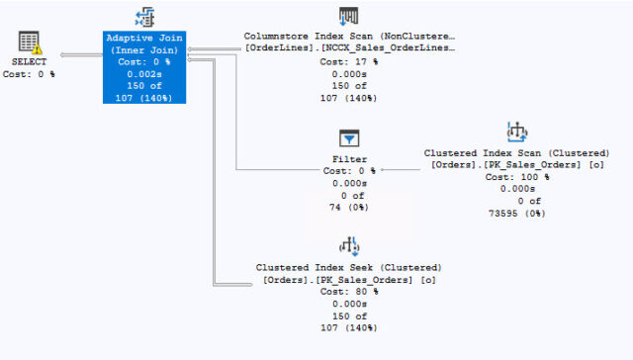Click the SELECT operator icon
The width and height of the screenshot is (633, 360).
pos(30,44)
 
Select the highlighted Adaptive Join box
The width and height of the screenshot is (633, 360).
pos(144,66)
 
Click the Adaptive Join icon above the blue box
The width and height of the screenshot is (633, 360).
pos(144,17)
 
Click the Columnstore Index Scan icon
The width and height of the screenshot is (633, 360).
pos(349,17)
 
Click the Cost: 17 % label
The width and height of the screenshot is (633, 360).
pos(349,61)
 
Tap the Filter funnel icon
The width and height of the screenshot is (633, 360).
pos(349,138)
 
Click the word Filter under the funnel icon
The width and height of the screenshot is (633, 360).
pos(349,158)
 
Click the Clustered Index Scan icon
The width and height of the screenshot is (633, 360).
pos(516,132)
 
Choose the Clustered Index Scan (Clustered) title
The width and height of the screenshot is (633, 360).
pos(516,153)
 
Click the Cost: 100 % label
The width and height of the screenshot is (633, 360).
pos(516,177)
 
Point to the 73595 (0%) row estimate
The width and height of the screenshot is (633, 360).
pos(516,213)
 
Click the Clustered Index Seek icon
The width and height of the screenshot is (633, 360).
pos(349,246)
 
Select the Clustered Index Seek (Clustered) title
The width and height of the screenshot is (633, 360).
pos(349,268)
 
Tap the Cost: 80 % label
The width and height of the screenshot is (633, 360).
pos(349,292)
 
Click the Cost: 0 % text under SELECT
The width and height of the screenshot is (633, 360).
pos(30,74)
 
